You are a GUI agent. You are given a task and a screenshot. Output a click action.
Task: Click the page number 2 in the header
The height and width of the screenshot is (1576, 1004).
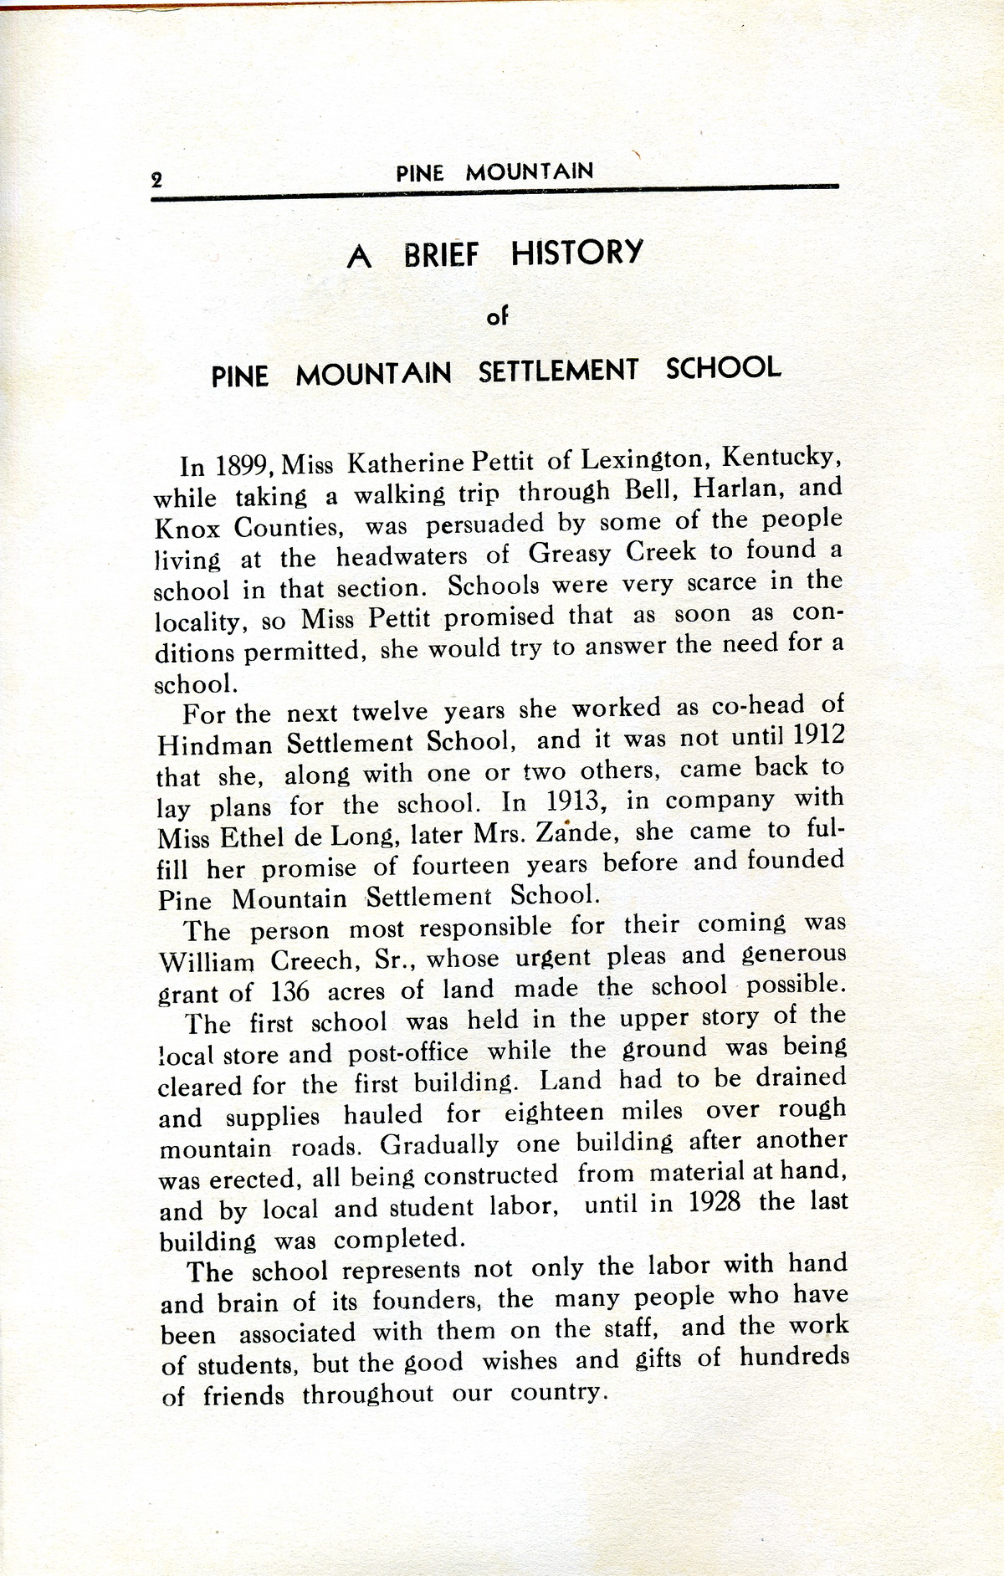coord(156,178)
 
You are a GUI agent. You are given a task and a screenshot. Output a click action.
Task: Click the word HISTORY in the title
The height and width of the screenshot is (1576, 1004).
coord(576,253)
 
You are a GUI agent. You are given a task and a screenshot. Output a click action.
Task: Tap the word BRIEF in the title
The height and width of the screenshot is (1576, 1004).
coord(441,255)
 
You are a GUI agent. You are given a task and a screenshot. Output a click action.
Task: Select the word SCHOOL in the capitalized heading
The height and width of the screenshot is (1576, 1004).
coord(723,369)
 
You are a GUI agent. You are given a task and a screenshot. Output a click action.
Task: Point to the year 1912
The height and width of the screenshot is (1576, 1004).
coord(817,734)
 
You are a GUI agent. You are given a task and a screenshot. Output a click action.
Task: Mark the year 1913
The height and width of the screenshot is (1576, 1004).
coord(575,802)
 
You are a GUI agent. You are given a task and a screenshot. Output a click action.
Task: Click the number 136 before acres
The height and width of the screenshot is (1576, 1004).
coord(289,992)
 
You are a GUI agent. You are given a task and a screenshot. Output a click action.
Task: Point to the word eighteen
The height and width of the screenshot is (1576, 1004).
coord(553,1113)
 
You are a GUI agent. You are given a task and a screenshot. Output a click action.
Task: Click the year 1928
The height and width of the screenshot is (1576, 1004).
coord(715,1203)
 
